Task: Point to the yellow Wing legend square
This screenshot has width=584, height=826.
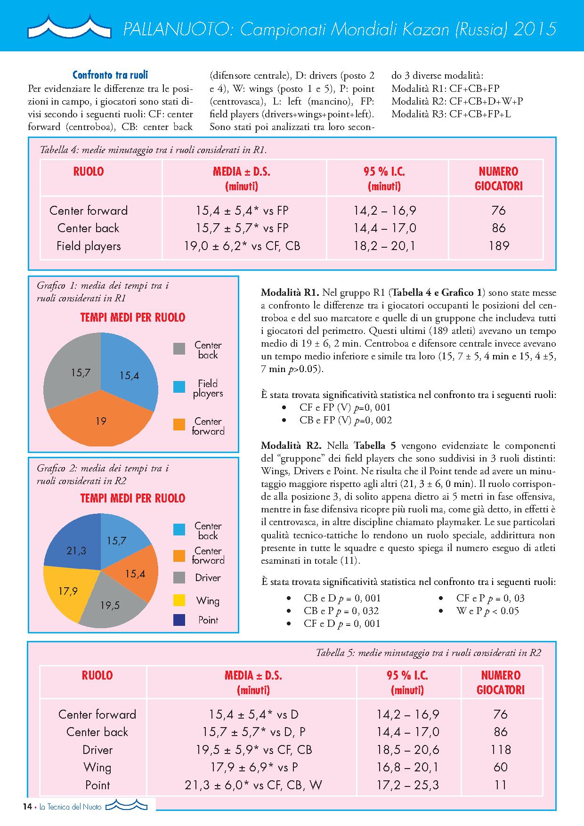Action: coord(179,600)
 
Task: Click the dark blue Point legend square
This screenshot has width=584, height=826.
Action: coord(179,620)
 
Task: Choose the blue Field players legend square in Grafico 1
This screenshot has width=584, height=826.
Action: coord(179,387)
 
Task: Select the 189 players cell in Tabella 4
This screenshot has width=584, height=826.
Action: coord(498,246)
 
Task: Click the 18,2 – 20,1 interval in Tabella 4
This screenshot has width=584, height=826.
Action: coord(385,246)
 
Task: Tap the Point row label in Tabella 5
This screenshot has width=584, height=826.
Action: coord(97,785)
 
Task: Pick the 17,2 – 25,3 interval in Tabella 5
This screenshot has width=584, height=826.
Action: coord(407,785)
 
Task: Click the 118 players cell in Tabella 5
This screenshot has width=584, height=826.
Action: coord(500,750)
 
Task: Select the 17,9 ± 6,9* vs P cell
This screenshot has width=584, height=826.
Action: coord(254,767)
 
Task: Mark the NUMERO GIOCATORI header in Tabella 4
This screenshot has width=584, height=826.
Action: coord(498,178)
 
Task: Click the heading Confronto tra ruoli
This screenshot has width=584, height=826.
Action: coord(110,75)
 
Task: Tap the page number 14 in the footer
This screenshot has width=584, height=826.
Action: coord(27,807)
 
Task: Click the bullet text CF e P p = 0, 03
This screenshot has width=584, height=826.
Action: coord(490,598)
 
